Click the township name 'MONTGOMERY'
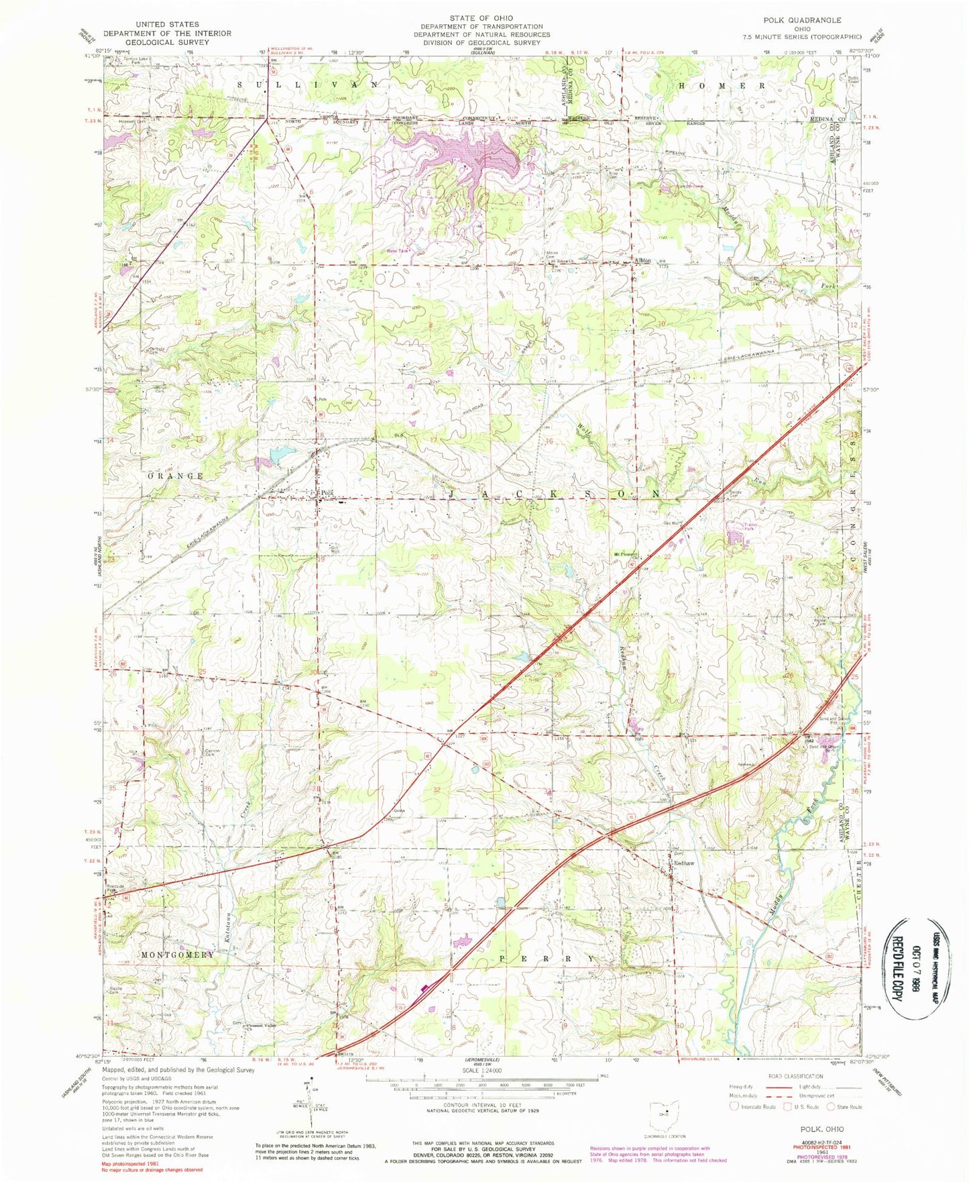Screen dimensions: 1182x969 [x=178, y=954]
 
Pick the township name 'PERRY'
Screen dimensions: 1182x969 [x=547, y=959]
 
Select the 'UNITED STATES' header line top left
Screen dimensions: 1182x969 [x=166, y=24]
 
